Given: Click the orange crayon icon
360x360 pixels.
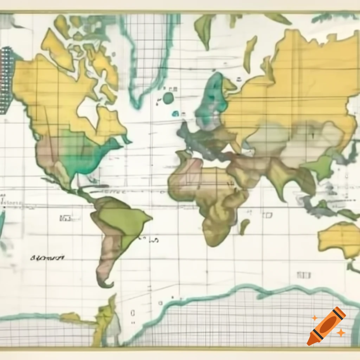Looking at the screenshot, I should click(326, 326).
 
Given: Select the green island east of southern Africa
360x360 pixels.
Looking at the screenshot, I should click(244, 226).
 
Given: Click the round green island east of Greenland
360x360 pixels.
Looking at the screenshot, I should click(168, 98).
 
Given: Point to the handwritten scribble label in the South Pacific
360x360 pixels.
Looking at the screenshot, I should click(47, 258).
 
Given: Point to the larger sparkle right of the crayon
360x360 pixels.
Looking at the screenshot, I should click(340, 332).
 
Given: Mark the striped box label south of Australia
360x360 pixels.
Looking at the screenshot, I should click(303, 275).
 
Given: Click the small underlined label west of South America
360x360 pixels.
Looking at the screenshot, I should click(65, 218).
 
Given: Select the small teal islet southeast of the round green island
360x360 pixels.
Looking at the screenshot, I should click(175, 113).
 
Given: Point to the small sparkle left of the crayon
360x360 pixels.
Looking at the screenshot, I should click(314, 318).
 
